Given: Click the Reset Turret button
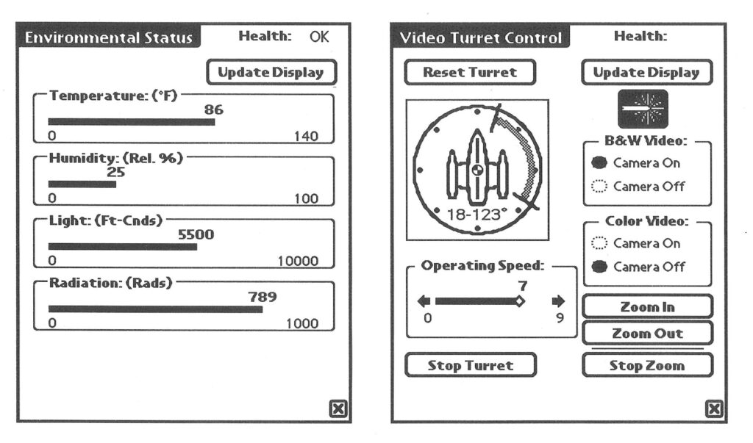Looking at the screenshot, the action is pyautogui.click(x=470, y=73).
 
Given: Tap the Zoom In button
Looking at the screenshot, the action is pyautogui.click(x=647, y=306).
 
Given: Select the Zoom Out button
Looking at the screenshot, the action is pyautogui.click(x=647, y=333).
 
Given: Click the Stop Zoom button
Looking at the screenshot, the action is pyautogui.click(x=647, y=366).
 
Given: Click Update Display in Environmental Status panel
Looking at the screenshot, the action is pyautogui.click(x=271, y=73).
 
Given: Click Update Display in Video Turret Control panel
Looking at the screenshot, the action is pyautogui.click(x=647, y=73).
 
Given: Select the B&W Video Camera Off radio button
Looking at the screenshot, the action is pyautogui.click(x=599, y=186).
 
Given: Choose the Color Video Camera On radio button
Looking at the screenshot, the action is pyautogui.click(x=599, y=243).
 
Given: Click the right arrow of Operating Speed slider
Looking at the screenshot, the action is pyautogui.click(x=559, y=301).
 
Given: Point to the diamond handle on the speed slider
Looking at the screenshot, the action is pyautogui.click(x=520, y=301).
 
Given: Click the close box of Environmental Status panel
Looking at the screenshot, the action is pyautogui.click(x=338, y=409).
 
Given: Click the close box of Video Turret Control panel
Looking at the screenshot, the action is pyautogui.click(x=714, y=409).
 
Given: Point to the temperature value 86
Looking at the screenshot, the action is pyautogui.click(x=214, y=110).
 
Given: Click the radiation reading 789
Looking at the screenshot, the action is pyautogui.click(x=263, y=297).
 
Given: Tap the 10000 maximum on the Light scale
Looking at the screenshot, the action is pyautogui.click(x=299, y=261).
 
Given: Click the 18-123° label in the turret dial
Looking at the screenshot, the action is pyautogui.click(x=477, y=215).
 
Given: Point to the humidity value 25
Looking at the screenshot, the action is pyautogui.click(x=115, y=173).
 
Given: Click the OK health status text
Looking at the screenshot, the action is pyautogui.click(x=319, y=37).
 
